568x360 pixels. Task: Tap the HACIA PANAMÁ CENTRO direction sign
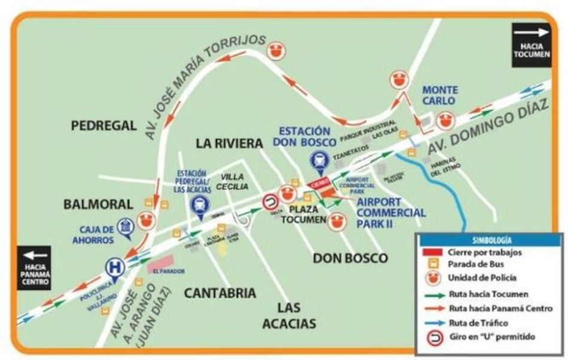[x=34, y=267]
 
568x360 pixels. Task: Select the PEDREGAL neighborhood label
[x=104, y=126]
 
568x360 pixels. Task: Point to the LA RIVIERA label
[x=229, y=144]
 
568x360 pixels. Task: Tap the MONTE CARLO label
[x=440, y=95]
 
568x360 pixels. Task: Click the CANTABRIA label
[x=220, y=293]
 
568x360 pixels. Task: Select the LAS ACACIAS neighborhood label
[x=297, y=316]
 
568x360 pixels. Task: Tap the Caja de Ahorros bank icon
[x=126, y=227]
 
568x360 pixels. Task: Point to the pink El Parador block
[x=160, y=264]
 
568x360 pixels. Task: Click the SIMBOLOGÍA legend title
[x=488, y=240]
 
